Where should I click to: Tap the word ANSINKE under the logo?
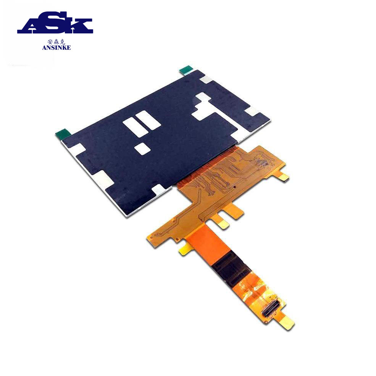(56, 48)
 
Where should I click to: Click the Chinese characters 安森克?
(56, 42)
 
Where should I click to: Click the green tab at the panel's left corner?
(63, 133)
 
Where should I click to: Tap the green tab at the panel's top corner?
(186, 69)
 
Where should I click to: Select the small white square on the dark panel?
(143, 148)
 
